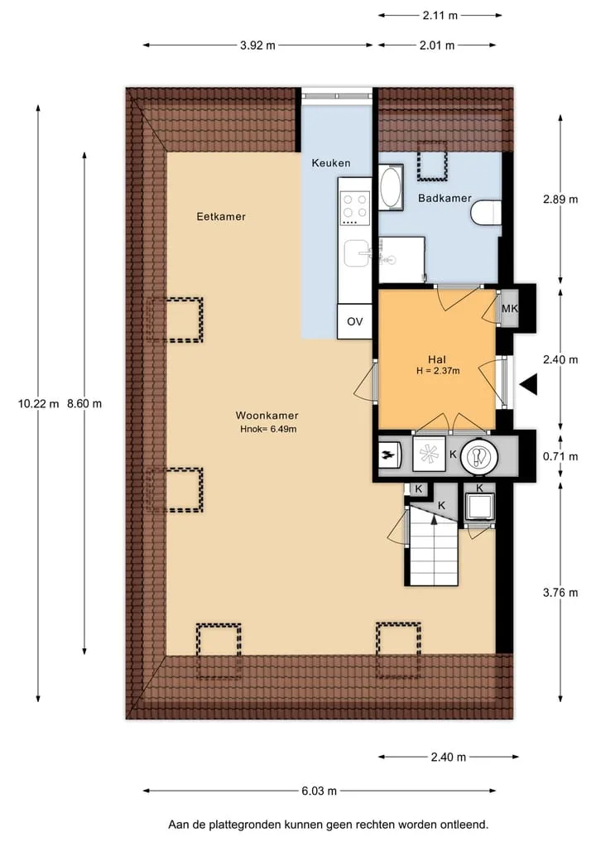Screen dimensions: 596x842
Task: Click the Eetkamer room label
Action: [x=221, y=216]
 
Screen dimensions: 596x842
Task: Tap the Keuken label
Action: [x=331, y=163]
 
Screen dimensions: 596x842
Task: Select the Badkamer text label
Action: [x=445, y=198]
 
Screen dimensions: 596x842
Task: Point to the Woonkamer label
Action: [x=267, y=415]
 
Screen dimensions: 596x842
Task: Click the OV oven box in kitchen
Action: [x=354, y=321]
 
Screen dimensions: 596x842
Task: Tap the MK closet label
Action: [x=510, y=308]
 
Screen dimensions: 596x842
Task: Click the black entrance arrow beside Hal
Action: [x=528, y=384]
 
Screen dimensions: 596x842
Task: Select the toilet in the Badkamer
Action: [x=486, y=212]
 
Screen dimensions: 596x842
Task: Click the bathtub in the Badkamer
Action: [x=391, y=187]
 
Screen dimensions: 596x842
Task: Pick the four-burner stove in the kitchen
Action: [x=355, y=208]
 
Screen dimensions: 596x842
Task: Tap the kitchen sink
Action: [x=357, y=253]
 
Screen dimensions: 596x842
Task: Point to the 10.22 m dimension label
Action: [x=38, y=403]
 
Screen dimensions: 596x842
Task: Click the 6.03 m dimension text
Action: [x=319, y=791]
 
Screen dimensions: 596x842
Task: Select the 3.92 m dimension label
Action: [x=257, y=45]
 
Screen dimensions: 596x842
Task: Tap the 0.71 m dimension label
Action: [x=560, y=456]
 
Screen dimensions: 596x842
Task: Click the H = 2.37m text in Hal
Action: [x=438, y=371]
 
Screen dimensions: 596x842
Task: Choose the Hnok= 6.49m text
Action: [x=268, y=429]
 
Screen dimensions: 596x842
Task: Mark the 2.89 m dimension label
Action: [x=560, y=200]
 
